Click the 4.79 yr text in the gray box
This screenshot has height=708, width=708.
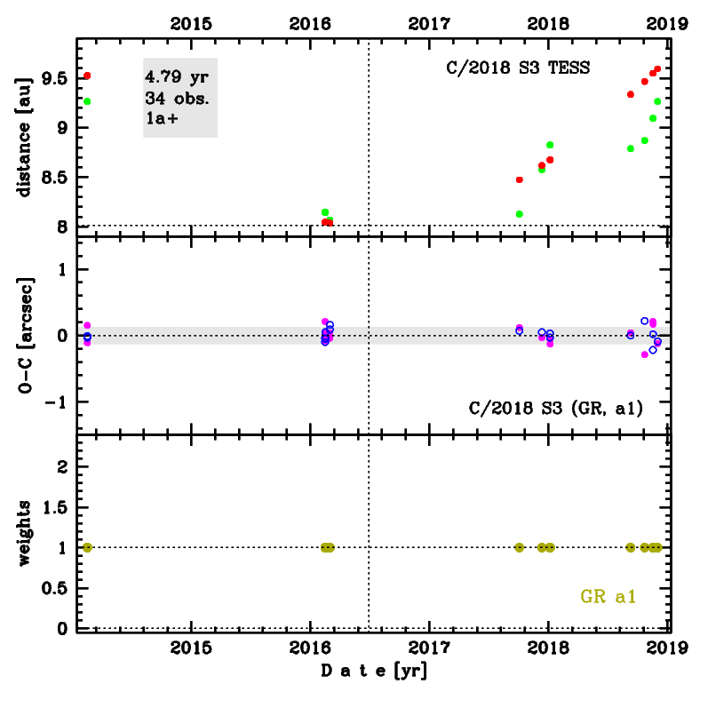(x=178, y=76)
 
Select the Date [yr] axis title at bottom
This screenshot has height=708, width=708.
(x=373, y=672)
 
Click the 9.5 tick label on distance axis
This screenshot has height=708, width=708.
(x=54, y=79)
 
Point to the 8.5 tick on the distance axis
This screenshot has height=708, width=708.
(x=54, y=178)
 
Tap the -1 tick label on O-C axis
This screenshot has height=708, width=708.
(x=58, y=402)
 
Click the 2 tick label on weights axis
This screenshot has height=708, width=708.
(x=63, y=467)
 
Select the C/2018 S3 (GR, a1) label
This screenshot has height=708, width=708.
(x=555, y=408)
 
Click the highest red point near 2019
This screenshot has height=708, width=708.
(x=657, y=69)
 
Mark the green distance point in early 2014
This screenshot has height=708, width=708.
(x=87, y=101)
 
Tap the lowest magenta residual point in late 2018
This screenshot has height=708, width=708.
(x=644, y=354)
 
